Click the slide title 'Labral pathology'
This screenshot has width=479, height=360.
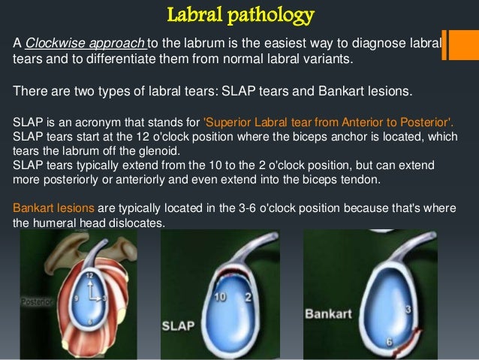pos(239,14)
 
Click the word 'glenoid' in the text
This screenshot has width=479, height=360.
pos(174,148)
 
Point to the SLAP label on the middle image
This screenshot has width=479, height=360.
pos(179,327)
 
